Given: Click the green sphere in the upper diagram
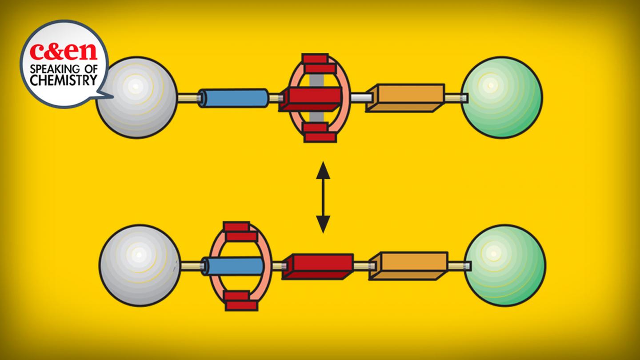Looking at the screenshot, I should coord(501,97).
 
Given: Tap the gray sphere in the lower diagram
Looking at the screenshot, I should coord(140,265).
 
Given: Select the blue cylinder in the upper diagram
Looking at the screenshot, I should coord(233,98).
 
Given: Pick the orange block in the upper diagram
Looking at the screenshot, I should coord(405,97).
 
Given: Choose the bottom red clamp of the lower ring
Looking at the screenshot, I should coord(240,300).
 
